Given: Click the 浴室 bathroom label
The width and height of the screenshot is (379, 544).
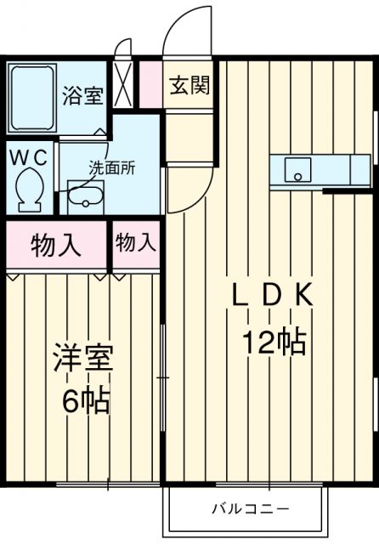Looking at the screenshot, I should pyautogui.click(x=82, y=94).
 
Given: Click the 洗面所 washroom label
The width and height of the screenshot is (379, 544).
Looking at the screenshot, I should pyautogui.click(x=113, y=167).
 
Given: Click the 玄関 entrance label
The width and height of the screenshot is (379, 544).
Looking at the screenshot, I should pyautogui.click(x=189, y=87).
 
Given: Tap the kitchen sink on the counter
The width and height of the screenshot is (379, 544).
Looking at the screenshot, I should pyautogui.click(x=298, y=170).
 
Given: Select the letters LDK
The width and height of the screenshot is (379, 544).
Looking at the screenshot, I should pyautogui.click(x=274, y=295).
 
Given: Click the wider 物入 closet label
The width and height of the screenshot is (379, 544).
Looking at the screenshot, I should pyautogui.click(x=56, y=245).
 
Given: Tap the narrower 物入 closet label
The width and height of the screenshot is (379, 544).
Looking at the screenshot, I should pyautogui.click(x=136, y=243).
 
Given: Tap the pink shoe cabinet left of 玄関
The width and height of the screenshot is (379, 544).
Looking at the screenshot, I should pyautogui.click(x=150, y=84).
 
